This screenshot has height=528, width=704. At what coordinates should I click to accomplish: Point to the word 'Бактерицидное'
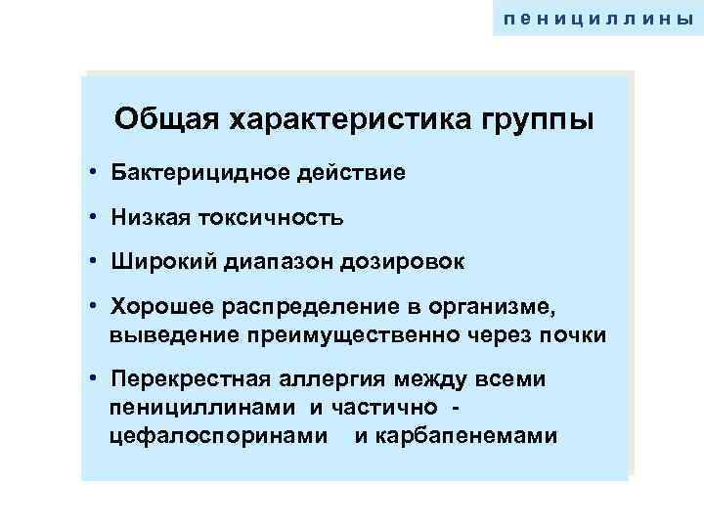(193, 173)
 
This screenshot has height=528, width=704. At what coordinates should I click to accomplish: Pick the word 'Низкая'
(147, 217)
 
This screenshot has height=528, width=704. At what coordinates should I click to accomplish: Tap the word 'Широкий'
(156, 262)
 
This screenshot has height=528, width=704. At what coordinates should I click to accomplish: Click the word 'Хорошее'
(157, 307)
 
